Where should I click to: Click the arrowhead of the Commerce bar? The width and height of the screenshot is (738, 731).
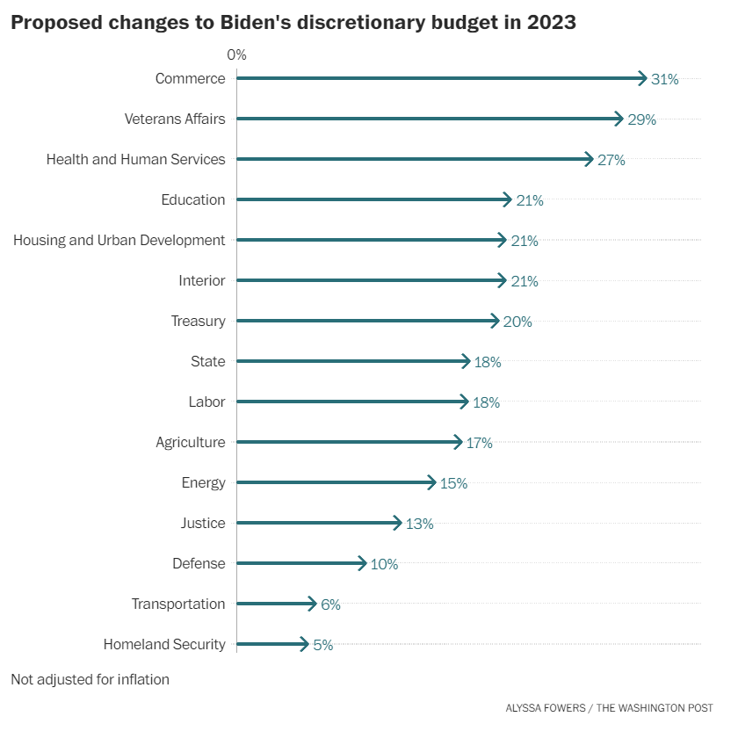pyautogui.click(x=643, y=78)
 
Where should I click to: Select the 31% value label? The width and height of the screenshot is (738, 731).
pyautogui.click(x=665, y=79)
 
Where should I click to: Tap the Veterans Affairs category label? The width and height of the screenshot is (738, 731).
pyautogui.click(x=175, y=119)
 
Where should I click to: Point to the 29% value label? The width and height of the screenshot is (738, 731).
pyautogui.click(x=642, y=119)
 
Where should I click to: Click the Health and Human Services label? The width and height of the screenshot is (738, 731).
pyautogui.click(x=135, y=159)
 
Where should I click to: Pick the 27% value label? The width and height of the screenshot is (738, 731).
pyautogui.click(x=611, y=160)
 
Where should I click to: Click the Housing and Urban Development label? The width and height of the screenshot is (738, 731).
pyautogui.click(x=119, y=240)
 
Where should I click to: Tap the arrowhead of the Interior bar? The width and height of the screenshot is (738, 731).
pyautogui.click(x=503, y=280)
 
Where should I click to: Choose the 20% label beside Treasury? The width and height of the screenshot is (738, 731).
pyautogui.click(x=517, y=322)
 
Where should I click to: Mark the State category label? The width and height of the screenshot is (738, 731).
pyautogui.click(x=207, y=361)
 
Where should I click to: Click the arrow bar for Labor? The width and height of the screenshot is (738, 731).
pyautogui.click(x=352, y=402)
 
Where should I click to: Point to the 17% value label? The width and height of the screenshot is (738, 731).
pyautogui.click(x=479, y=443)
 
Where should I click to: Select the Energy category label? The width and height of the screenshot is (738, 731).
pyautogui.click(x=203, y=482)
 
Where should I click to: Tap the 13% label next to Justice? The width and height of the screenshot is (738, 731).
pyautogui.click(x=419, y=524)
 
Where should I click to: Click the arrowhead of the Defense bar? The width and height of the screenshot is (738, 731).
pyautogui.click(x=362, y=563)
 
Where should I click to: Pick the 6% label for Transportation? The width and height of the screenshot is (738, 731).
pyautogui.click(x=330, y=604)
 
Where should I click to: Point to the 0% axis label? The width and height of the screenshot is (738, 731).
pyautogui.click(x=236, y=54)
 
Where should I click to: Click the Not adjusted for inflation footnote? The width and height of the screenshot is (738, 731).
pyautogui.click(x=90, y=679)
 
